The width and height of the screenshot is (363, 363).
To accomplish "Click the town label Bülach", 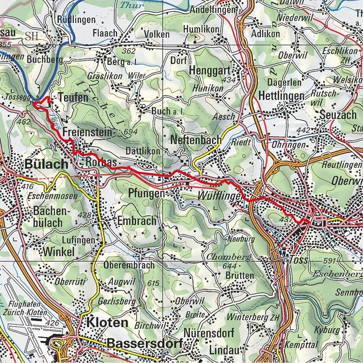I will pyautogui.click(x=46, y=164).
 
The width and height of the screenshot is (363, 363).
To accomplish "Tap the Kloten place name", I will pyautogui.click(x=107, y=322).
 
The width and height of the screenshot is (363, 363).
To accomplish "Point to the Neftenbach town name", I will pyautogui.click(x=196, y=140).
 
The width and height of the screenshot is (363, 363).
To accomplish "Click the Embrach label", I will pyautogui.click(x=136, y=221).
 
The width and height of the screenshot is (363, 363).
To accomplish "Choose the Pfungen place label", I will pyautogui.click(x=147, y=193).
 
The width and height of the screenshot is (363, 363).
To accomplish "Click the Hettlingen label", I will pyautogui.click(x=281, y=95).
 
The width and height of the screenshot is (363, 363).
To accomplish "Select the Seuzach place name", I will pyautogui.click(x=337, y=115).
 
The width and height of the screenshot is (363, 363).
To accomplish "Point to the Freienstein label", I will pyautogui.click(x=87, y=132).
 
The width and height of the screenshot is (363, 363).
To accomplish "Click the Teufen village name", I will pyautogui.click(x=74, y=98).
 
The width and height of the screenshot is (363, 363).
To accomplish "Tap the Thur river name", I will pyautogui.click(x=132, y=6).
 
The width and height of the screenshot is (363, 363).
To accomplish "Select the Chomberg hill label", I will pyautogui.click(x=228, y=257).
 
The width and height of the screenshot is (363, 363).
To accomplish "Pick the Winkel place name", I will pyautogui.click(x=59, y=252).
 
